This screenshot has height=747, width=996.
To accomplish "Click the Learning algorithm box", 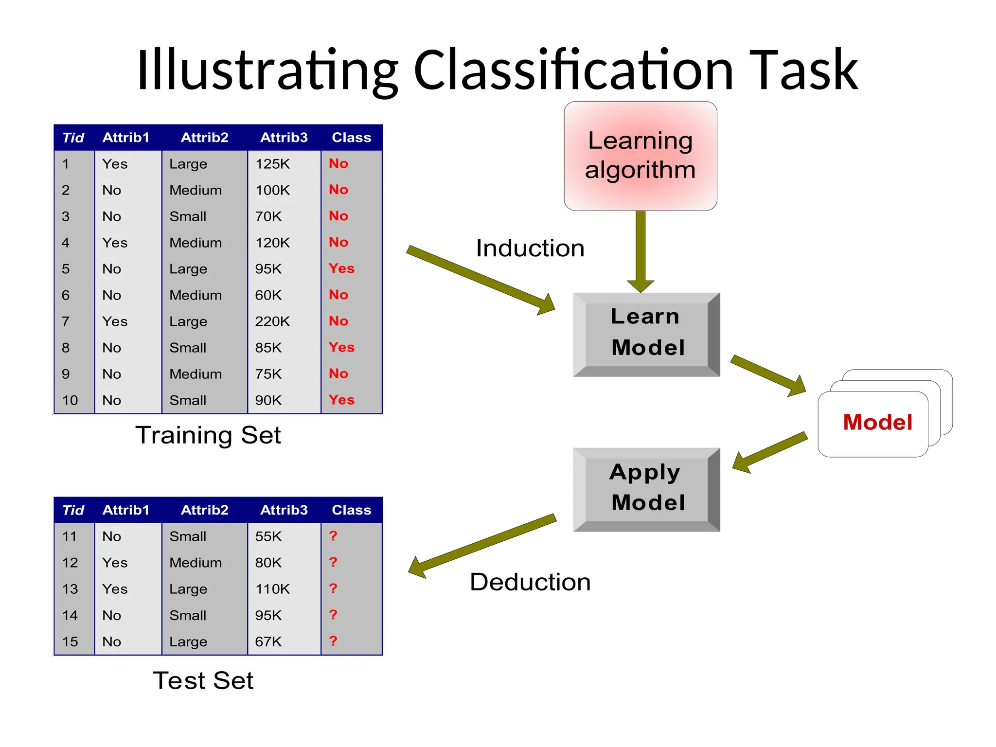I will click(640, 156).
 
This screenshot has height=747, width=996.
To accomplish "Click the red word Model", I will click(877, 422).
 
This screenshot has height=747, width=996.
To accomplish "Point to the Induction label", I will click(530, 248).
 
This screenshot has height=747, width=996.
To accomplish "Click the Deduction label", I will click(530, 582).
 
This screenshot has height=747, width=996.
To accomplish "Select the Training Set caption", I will click(208, 435).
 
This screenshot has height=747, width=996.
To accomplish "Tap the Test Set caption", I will click(203, 680).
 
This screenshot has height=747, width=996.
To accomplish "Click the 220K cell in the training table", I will click(272, 321).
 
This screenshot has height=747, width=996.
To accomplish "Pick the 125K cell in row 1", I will click(272, 164).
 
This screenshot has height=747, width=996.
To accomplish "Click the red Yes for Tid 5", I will click(341, 268).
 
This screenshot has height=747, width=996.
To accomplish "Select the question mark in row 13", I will click(333, 588).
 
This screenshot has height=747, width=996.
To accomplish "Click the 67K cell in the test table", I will click(268, 641).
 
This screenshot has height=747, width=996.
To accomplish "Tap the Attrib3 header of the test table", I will click(284, 510).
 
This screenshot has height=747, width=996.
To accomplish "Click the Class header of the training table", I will click(351, 138).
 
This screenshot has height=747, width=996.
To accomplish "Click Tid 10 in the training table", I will click(70, 400).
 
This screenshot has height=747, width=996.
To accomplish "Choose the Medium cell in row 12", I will click(196, 563).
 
